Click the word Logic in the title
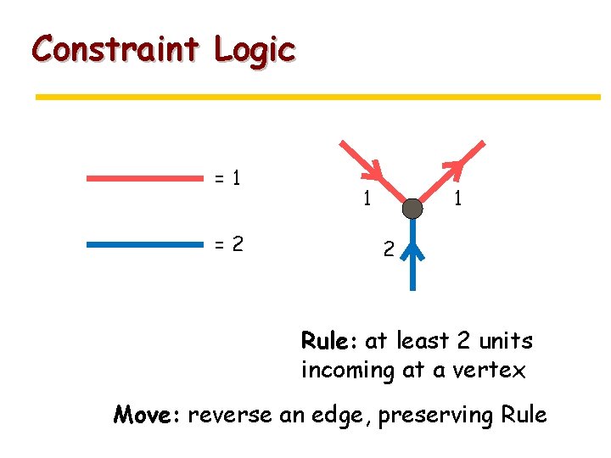tap(254, 51)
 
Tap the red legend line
tap(145, 179)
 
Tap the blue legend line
tap(145, 244)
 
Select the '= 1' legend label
tap(227, 179)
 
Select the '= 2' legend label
tap(227, 244)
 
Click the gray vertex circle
tap(412, 209)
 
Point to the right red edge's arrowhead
tap(456, 168)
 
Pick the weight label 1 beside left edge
tap(366, 199)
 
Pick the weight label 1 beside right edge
tap(457, 199)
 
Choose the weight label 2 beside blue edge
tap(387, 250)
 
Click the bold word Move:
tap(148, 416)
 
